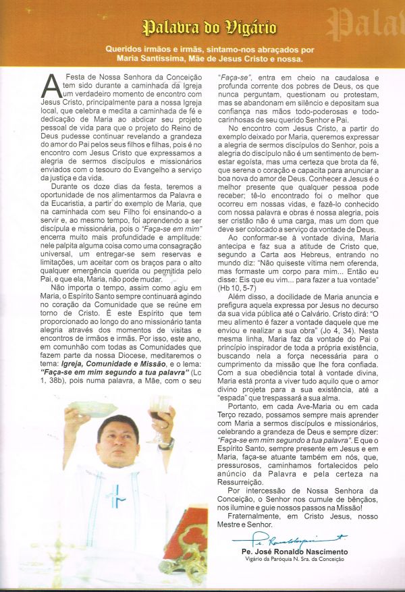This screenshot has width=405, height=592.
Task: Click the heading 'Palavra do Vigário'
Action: click(x=209, y=28)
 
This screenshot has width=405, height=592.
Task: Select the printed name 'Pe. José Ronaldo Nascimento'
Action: click(x=292, y=552)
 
